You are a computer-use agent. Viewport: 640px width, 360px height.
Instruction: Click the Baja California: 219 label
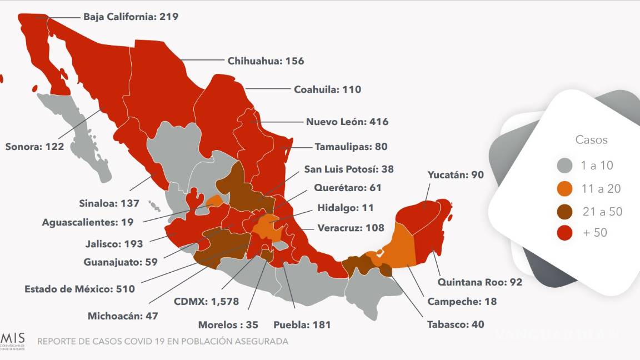[131, 17]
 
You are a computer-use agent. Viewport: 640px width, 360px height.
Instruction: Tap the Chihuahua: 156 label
[266, 61]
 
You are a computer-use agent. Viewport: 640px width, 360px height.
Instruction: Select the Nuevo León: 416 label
[347, 122]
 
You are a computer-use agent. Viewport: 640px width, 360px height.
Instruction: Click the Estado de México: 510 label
[79, 289]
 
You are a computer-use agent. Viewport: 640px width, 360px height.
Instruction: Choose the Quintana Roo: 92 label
[479, 282]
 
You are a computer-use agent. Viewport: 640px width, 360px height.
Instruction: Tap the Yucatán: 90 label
[456, 174]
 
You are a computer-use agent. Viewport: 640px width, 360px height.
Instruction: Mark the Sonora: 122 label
[34, 147]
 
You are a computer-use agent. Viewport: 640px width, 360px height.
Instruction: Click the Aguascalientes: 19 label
[88, 222]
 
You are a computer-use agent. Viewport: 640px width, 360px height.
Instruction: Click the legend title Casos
[591, 140]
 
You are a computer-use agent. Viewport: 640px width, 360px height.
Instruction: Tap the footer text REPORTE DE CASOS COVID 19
[163, 341]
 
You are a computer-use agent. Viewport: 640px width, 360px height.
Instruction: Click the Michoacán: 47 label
[123, 316]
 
